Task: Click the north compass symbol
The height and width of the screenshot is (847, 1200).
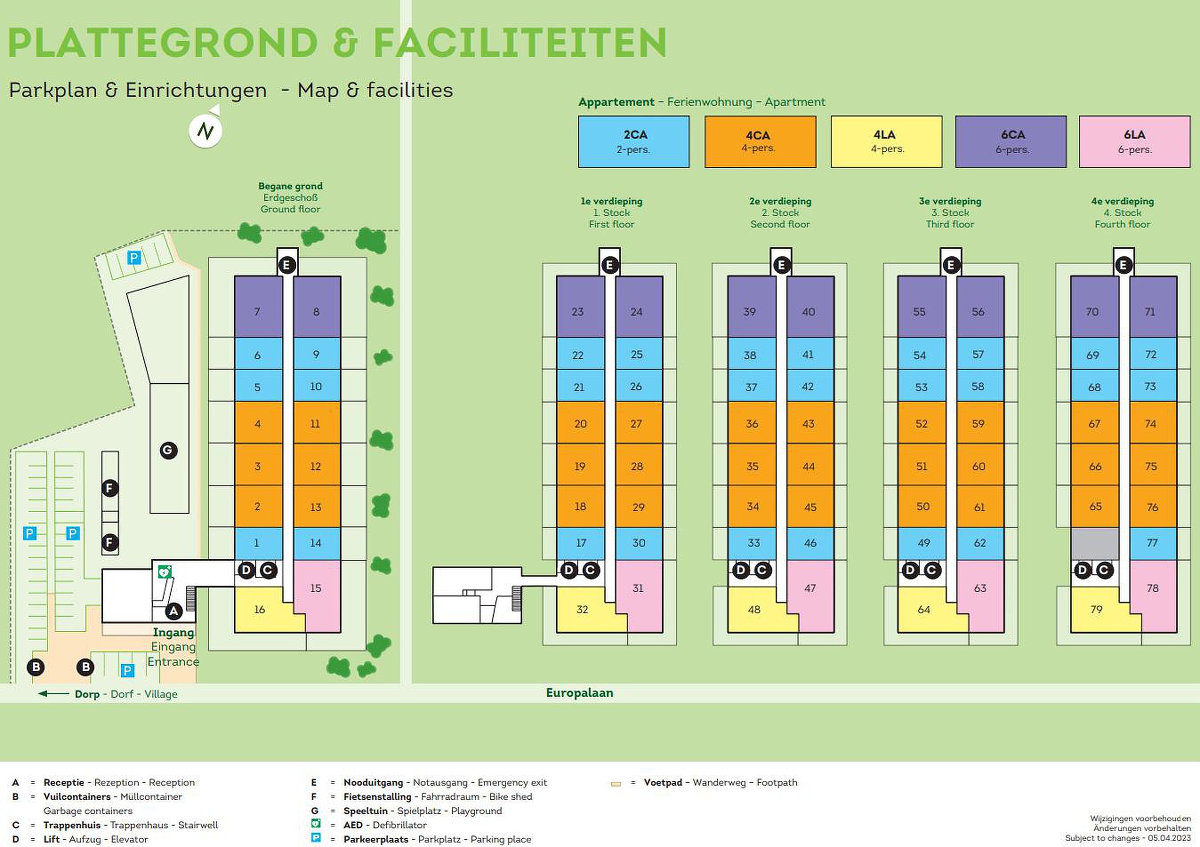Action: [205, 131]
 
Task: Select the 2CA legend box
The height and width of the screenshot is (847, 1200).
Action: [633, 142]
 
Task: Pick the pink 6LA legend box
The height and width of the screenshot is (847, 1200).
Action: [1134, 142]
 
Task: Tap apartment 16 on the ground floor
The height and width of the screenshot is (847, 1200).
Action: [260, 609]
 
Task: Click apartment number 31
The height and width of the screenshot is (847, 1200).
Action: [638, 588]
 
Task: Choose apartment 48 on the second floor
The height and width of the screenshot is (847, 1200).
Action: [754, 609]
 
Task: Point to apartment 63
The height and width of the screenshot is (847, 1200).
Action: [980, 588]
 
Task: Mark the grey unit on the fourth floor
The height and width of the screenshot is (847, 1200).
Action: [1095, 543]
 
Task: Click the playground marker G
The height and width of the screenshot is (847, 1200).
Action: [168, 451]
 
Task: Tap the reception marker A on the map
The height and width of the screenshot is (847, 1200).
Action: [173, 611]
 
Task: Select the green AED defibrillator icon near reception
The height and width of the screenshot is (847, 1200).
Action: [165, 572]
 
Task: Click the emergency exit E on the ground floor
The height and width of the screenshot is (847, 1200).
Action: [286, 265]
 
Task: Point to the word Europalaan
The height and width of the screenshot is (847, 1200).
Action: [579, 693]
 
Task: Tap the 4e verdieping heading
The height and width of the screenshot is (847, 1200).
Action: [1122, 201]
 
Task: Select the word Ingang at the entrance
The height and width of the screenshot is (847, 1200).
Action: [173, 633]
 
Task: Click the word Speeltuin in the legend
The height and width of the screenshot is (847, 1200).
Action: [365, 811]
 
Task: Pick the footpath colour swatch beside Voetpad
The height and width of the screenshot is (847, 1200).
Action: [616, 784]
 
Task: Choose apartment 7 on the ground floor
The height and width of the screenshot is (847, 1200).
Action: [257, 312]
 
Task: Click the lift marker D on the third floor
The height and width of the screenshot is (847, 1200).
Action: [910, 570]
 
